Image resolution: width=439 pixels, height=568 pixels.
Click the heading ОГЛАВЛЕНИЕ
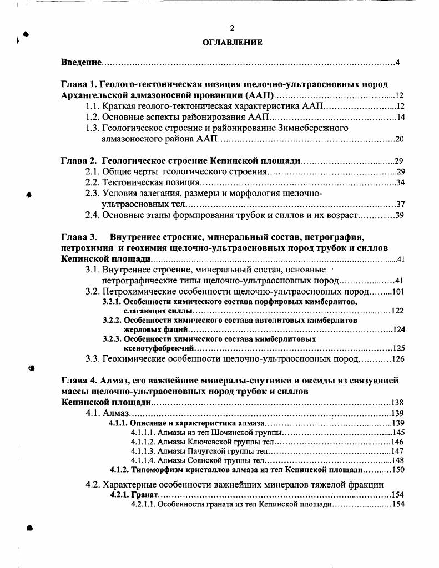point(233,42)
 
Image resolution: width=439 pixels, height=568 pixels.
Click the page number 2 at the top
point(233,28)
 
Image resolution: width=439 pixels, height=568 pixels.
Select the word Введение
point(80,62)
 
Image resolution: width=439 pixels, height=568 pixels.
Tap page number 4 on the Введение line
point(398,62)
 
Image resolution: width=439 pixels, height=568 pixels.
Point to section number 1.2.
point(92,117)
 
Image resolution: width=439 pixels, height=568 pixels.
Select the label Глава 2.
point(78,161)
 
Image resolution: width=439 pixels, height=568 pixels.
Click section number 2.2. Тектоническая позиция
point(92,182)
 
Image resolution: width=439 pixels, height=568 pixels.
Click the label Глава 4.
point(78,381)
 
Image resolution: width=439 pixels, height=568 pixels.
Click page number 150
point(398,470)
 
